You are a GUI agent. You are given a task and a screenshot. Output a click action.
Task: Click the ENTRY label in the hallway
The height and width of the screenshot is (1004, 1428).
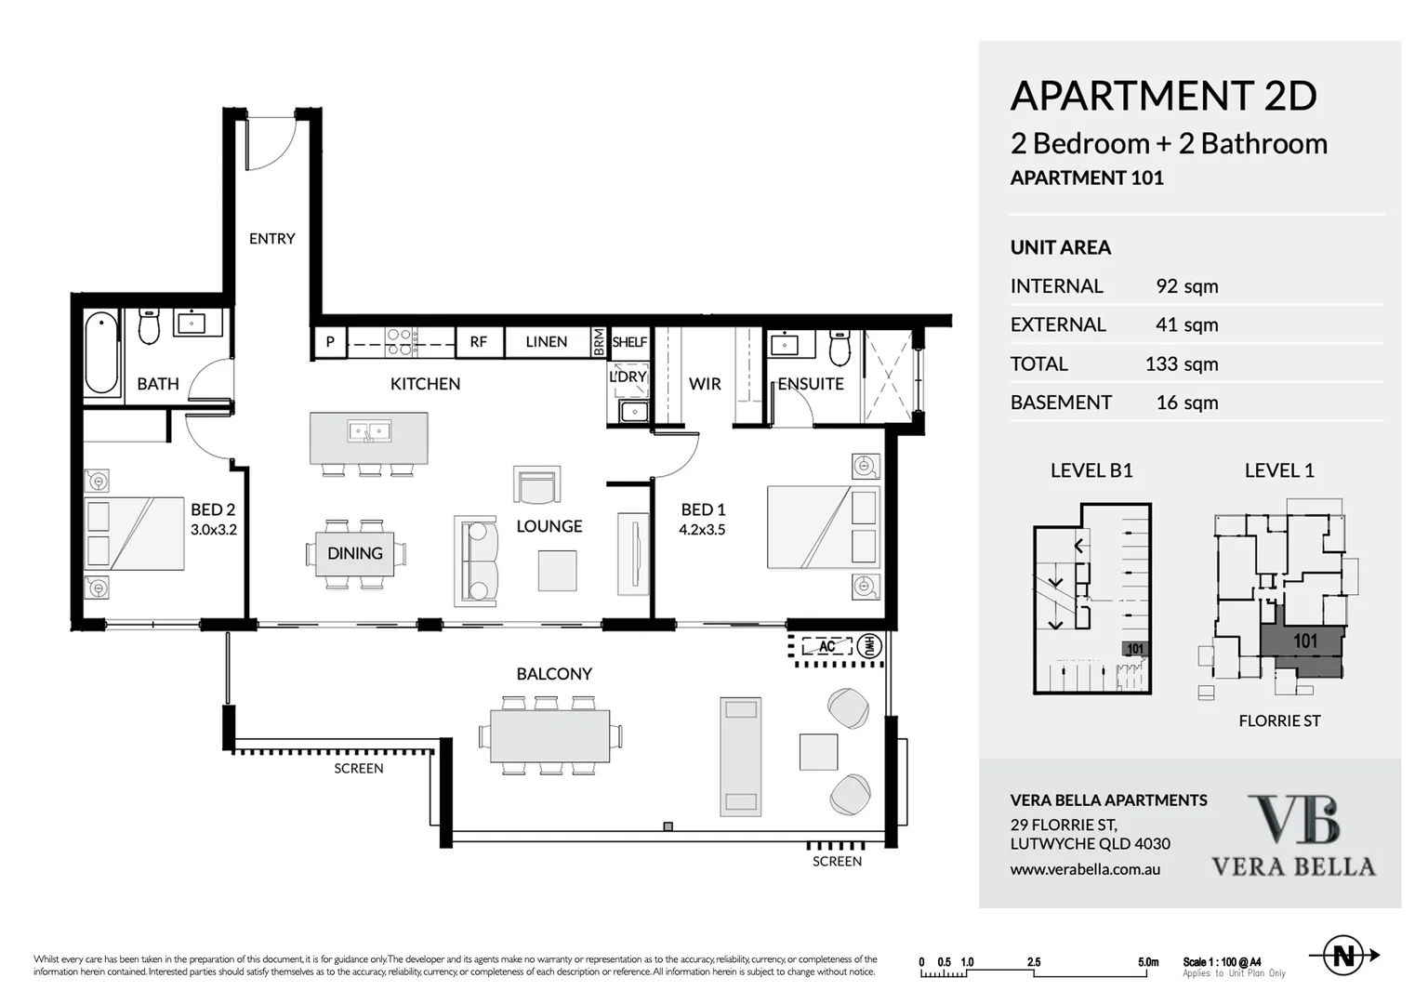(x=271, y=239)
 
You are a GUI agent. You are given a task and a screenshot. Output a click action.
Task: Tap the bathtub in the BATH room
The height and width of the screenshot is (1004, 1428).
(x=101, y=354)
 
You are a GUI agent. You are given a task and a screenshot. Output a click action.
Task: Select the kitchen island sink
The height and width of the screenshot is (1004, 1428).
(x=369, y=431)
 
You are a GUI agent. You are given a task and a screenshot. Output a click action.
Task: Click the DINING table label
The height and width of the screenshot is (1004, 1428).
(x=354, y=553)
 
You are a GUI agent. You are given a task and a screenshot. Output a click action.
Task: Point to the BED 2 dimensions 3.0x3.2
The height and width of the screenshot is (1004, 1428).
(x=214, y=530)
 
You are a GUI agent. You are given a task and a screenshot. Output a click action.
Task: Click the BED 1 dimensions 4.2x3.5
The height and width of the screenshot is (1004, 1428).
(x=702, y=530)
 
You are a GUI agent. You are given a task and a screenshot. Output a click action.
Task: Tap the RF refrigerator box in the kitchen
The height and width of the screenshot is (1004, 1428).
(x=478, y=342)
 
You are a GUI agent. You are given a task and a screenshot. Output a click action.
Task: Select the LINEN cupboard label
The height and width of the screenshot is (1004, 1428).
(x=546, y=342)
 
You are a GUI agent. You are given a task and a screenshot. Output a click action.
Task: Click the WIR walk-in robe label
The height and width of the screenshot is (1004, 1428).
(x=705, y=384)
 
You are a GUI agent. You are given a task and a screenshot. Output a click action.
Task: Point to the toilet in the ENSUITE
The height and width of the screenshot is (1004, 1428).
(x=840, y=348)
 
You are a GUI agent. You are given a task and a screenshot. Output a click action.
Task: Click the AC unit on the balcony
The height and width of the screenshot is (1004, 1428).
(x=826, y=646)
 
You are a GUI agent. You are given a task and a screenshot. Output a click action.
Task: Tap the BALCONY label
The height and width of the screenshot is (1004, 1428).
(x=554, y=674)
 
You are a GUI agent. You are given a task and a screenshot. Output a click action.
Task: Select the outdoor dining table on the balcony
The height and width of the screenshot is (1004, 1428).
(x=550, y=736)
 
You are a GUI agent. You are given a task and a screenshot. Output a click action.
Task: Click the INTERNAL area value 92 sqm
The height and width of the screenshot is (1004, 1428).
(x=1186, y=286)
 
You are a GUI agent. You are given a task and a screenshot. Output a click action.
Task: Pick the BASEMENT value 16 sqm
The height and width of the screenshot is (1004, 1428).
(x=1186, y=403)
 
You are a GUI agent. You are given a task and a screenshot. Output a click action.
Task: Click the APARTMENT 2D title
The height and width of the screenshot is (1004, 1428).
(x=1163, y=96)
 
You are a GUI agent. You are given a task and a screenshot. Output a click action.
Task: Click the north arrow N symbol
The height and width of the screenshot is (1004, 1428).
(x=1343, y=956)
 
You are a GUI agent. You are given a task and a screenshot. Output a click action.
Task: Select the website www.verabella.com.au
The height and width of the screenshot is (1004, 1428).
(x=1085, y=870)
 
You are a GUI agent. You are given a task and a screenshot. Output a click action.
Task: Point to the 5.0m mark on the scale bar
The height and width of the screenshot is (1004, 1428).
(x=1147, y=962)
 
